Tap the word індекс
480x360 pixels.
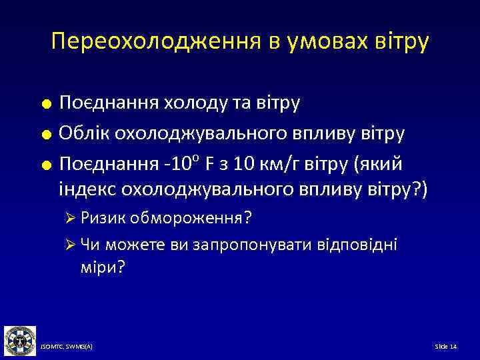(88, 189)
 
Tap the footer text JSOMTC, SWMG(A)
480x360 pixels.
(66, 347)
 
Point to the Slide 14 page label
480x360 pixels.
(445, 347)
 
